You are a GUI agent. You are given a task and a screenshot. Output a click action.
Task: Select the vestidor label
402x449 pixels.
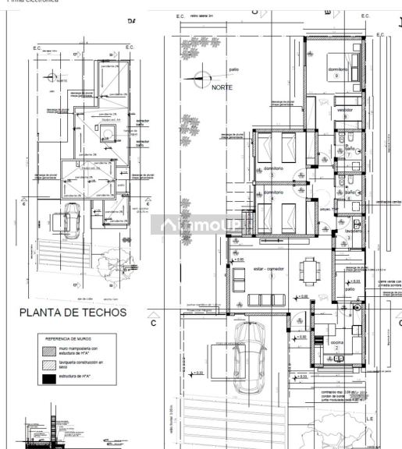click(345, 110)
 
